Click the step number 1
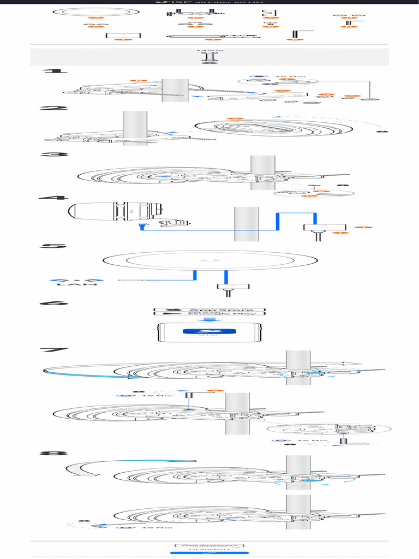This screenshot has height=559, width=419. click(x=54, y=71)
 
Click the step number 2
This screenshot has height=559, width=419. click(x=54, y=108)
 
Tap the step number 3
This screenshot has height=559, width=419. click(x=54, y=154)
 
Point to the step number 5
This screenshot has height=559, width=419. click(x=54, y=246)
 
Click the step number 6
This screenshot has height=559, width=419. click(x=54, y=304)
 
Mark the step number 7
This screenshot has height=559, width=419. click(x=54, y=350)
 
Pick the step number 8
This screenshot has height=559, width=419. click(x=54, y=453)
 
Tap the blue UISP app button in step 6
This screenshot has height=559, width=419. click(x=209, y=331)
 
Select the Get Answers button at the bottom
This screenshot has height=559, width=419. click(x=209, y=545)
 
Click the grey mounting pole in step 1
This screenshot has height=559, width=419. click(x=175, y=90)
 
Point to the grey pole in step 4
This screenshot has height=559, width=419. click(x=246, y=224)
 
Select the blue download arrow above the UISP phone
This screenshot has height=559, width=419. click(x=209, y=320)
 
